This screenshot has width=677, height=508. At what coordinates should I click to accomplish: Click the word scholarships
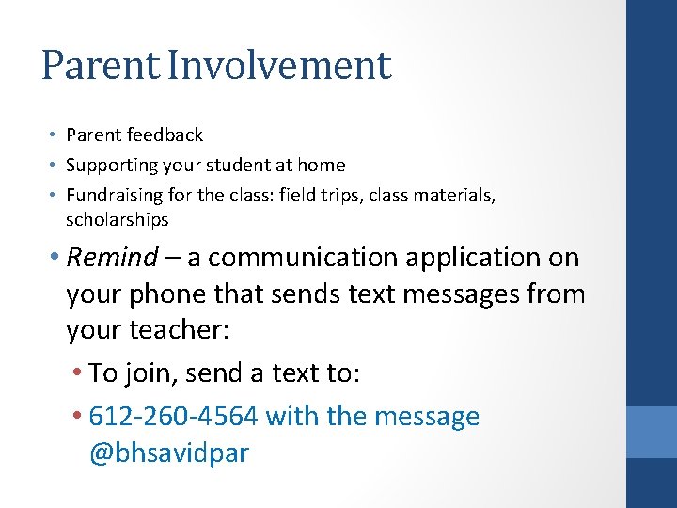point(117,219)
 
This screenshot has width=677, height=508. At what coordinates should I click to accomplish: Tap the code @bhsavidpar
point(169,452)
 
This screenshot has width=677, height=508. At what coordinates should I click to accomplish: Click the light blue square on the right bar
point(652,432)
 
